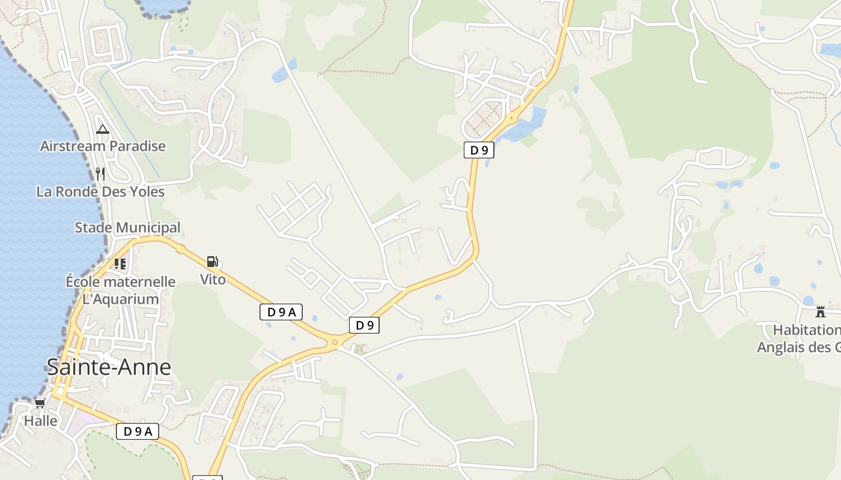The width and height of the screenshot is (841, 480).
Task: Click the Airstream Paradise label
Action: pyautogui.click(x=103, y=146)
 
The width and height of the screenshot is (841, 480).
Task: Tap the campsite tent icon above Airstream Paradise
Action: pyautogui.click(x=103, y=129)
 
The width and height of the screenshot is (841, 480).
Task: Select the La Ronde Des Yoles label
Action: pyautogui.click(x=100, y=191)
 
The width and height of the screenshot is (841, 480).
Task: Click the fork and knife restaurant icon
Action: pyautogui.click(x=100, y=174)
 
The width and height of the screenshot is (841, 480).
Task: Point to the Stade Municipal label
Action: pyautogui.click(x=127, y=227)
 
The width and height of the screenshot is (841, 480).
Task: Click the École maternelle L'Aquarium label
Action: pyautogui.click(x=121, y=290)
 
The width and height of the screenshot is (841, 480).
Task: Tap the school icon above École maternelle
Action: pyautogui.click(x=120, y=263)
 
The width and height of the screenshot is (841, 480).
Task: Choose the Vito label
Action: pyautogui.click(x=213, y=279)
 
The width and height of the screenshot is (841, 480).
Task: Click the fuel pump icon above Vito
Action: pyautogui.click(x=212, y=262)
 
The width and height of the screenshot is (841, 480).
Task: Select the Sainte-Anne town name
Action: pyautogui.click(x=109, y=367)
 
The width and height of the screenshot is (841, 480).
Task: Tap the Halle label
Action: pyautogui.click(x=41, y=421)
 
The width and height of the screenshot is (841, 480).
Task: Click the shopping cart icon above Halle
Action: pyautogui.click(x=40, y=403)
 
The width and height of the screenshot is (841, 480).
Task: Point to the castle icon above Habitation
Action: pyautogui.click(x=821, y=311)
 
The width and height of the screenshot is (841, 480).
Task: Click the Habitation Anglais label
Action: pyautogui.click(x=799, y=339)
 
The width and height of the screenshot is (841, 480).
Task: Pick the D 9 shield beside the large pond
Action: pyautogui.click(x=479, y=150)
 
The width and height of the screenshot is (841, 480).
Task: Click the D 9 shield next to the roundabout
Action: pyautogui.click(x=365, y=325)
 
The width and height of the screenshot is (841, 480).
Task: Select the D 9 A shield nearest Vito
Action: pyautogui.click(x=281, y=312)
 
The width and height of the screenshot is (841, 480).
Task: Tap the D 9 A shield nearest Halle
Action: pyautogui.click(x=138, y=431)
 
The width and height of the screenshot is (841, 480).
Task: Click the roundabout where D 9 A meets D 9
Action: pyautogui.click(x=335, y=343)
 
